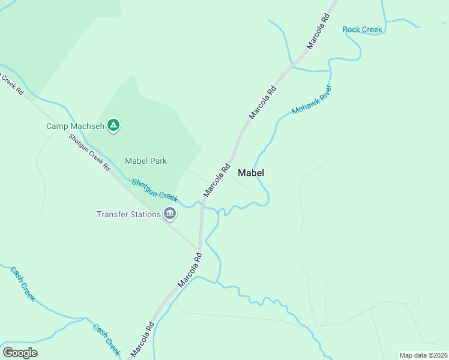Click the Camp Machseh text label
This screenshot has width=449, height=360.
pos(76,126)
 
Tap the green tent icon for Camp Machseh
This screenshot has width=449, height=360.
pos(113,125)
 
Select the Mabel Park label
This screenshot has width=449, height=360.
pos(146,161)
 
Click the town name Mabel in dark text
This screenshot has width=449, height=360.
pos(251,173)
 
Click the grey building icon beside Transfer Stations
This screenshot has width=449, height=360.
pos(170,213)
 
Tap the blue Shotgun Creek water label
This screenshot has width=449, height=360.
pos(155,190)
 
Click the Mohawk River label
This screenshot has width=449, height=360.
pos(312,100)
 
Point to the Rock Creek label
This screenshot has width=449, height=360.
pos(362,29)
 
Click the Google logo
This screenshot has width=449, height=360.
pos(20,353)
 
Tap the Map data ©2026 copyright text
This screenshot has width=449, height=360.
pos(423,355)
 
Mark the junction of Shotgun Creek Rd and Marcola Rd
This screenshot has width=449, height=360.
pos(199,248)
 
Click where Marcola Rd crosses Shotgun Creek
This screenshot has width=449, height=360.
pos(203,206)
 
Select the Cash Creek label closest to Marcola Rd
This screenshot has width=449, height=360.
pos(106,339)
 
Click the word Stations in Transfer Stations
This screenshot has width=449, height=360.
pos(146,214)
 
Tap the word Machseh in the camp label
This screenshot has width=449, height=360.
pos(89,126)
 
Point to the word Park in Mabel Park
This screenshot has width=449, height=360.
pos(158,161)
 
